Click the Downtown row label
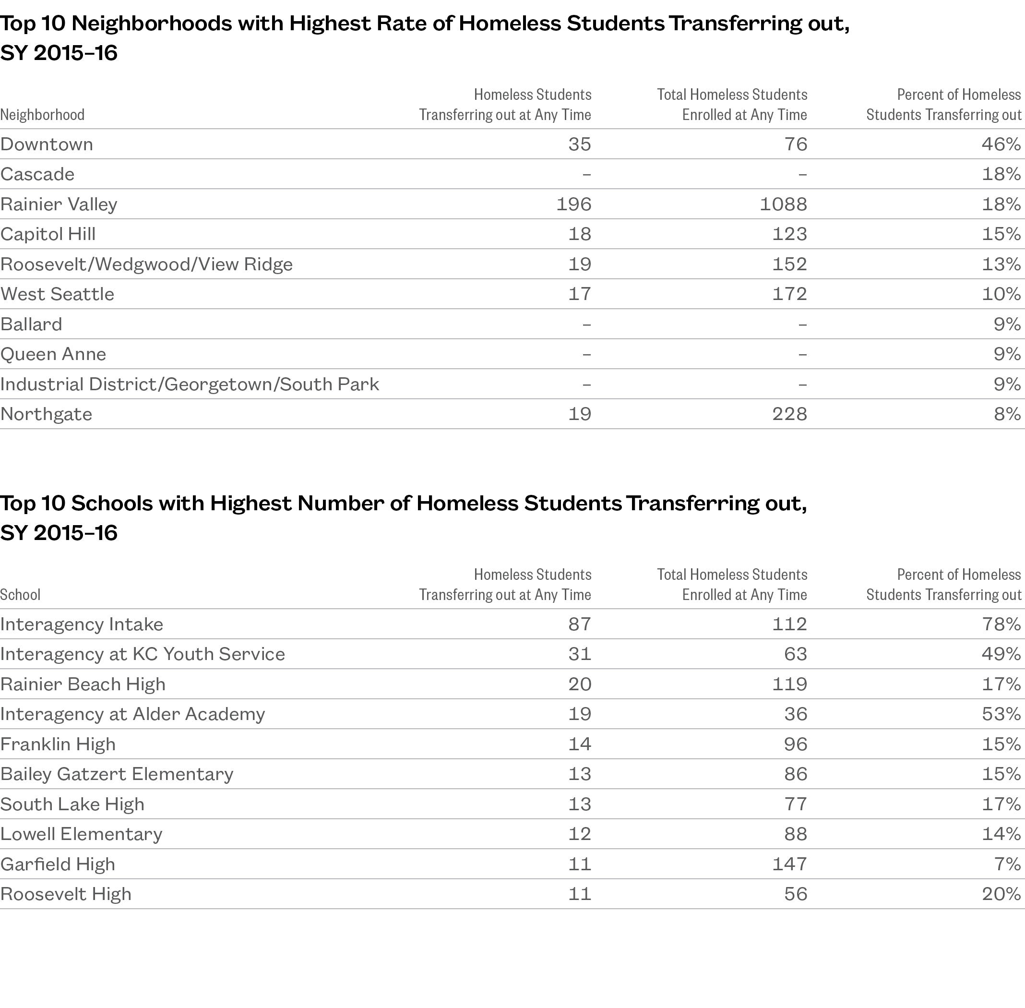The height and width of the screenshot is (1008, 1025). (x=47, y=144)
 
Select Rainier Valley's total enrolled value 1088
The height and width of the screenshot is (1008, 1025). (x=783, y=204)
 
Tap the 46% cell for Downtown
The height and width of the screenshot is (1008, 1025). (x=1001, y=144)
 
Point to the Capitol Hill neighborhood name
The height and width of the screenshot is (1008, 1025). (x=48, y=234)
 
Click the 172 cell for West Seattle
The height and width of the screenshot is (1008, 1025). (x=789, y=294)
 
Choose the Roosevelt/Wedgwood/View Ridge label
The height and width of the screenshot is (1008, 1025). (x=146, y=264)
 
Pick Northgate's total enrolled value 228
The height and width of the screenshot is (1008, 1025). (x=789, y=414)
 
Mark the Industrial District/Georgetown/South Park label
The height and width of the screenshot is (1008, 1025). (x=190, y=384)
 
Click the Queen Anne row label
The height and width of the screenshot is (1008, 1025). (x=53, y=354)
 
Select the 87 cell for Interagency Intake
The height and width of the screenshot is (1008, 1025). (x=579, y=624)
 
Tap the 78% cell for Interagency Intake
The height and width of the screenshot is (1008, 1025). (x=1001, y=624)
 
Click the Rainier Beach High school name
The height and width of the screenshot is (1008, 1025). (x=83, y=684)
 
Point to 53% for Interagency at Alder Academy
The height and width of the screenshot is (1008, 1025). (x=1001, y=714)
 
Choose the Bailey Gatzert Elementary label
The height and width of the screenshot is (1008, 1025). (x=117, y=774)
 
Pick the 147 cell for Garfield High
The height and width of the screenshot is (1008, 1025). (x=789, y=864)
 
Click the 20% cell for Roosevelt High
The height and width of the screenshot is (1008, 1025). (x=1001, y=894)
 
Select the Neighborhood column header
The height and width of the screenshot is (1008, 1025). (x=42, y=115)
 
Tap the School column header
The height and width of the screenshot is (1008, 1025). (x=20, y=595)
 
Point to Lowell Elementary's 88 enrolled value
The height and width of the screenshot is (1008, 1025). (x=795, y=834)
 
